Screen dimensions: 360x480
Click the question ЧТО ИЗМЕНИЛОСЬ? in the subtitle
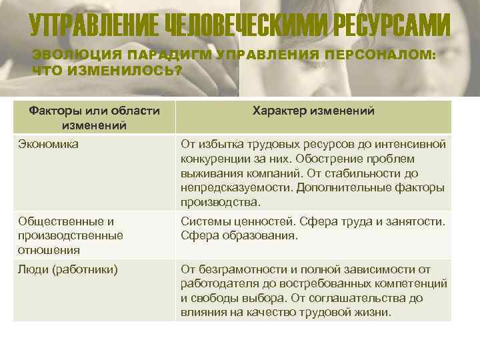107,70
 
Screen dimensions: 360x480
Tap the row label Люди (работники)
68,270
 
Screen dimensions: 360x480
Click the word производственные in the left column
71,235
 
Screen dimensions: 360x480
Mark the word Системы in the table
203,221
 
